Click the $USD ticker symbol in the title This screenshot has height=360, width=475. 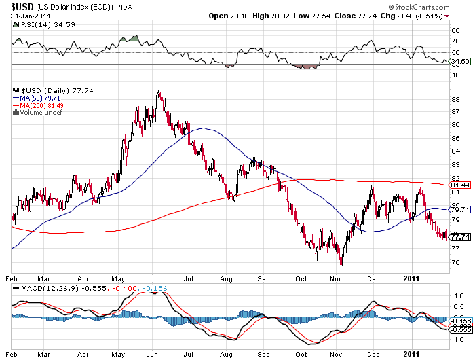click(x=23, y=6)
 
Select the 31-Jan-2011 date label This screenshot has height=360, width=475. click(x=26, y=16)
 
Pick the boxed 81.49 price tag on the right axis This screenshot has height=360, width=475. click(x=461, y=185)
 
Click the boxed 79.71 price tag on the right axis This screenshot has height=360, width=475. click(x=461, y=210)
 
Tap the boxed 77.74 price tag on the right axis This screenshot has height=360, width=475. click(x=461, y=237)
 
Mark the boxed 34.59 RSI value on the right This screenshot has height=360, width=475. click(x=461, y=62)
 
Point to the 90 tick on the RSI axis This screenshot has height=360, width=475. click(x=455, y=30)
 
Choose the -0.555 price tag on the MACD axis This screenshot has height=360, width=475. click(x=461, y=329)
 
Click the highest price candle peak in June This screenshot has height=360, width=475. click(x=159, y=91)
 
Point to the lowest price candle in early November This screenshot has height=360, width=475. click(x=341, y=266)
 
